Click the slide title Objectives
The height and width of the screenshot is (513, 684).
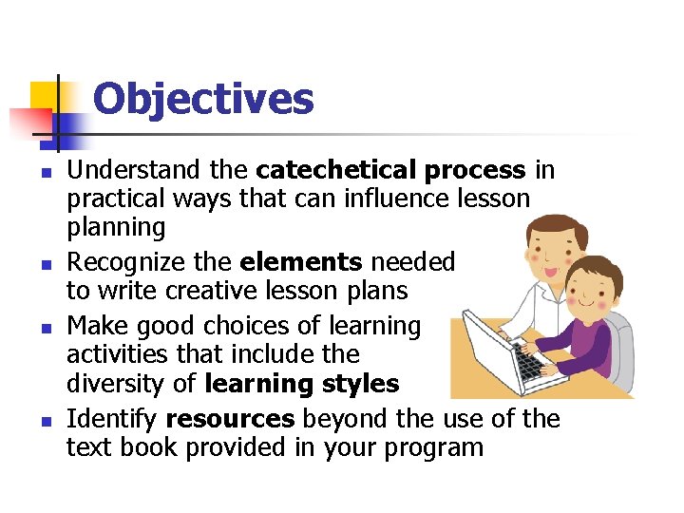(x=203, y=99)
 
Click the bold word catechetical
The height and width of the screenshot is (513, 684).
(x=335, y=171)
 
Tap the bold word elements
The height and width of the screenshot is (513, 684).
(x=301, y=262)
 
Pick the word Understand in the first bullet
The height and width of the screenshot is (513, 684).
(x=132, y=171)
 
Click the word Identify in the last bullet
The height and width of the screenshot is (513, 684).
(x=112, y=419)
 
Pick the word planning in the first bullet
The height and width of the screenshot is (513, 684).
(x=115, y=227)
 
